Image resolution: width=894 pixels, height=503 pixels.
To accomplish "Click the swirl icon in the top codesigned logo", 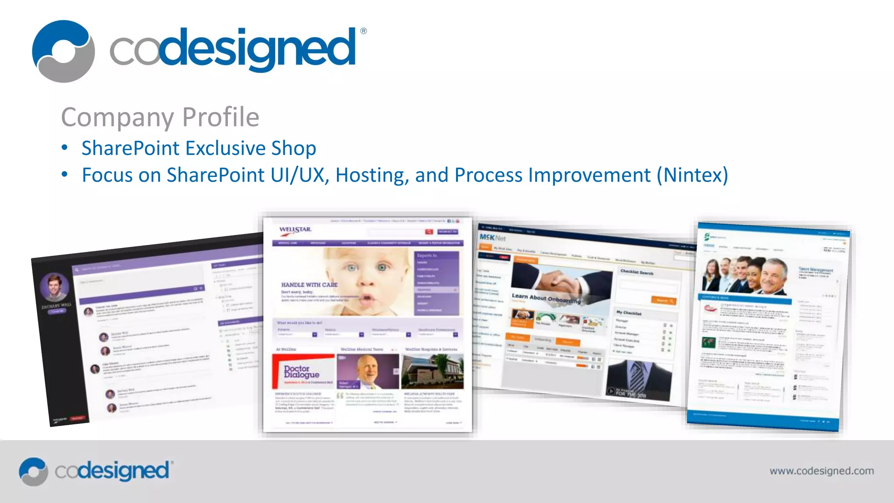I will pyautogui.click(x=63, y=51).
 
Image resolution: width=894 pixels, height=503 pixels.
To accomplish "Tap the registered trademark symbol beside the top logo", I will pyautogui.click(x=364, y=31).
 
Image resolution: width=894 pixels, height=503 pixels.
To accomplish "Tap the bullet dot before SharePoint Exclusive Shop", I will pyautogui.click(x=65, y=148).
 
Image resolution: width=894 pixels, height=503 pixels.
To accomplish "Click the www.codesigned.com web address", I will pyautogui.click(x=822, y=471).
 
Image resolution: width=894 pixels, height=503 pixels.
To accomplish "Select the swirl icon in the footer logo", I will pyautogui.click(x=33, y=472).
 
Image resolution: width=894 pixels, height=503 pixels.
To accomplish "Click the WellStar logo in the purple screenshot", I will pyautogui.click(x=296, y=230).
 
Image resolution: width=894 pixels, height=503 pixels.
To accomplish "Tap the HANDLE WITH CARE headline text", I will pyautogui.click(x=309, y=285).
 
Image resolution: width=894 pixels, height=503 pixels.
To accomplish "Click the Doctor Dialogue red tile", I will pyautogui.click(x=303, y=371).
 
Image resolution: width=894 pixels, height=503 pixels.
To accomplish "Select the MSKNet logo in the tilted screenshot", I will pyautogui.click(x=492, y=238).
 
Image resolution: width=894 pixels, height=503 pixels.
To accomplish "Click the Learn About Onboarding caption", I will pyautogui.click(x=546, y=298).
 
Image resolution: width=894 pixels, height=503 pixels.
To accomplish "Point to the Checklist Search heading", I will pyautogui.click(x=637, y=272).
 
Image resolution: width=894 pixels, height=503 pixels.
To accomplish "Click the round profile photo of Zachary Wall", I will pyautogui.click(x=55, y=287).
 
